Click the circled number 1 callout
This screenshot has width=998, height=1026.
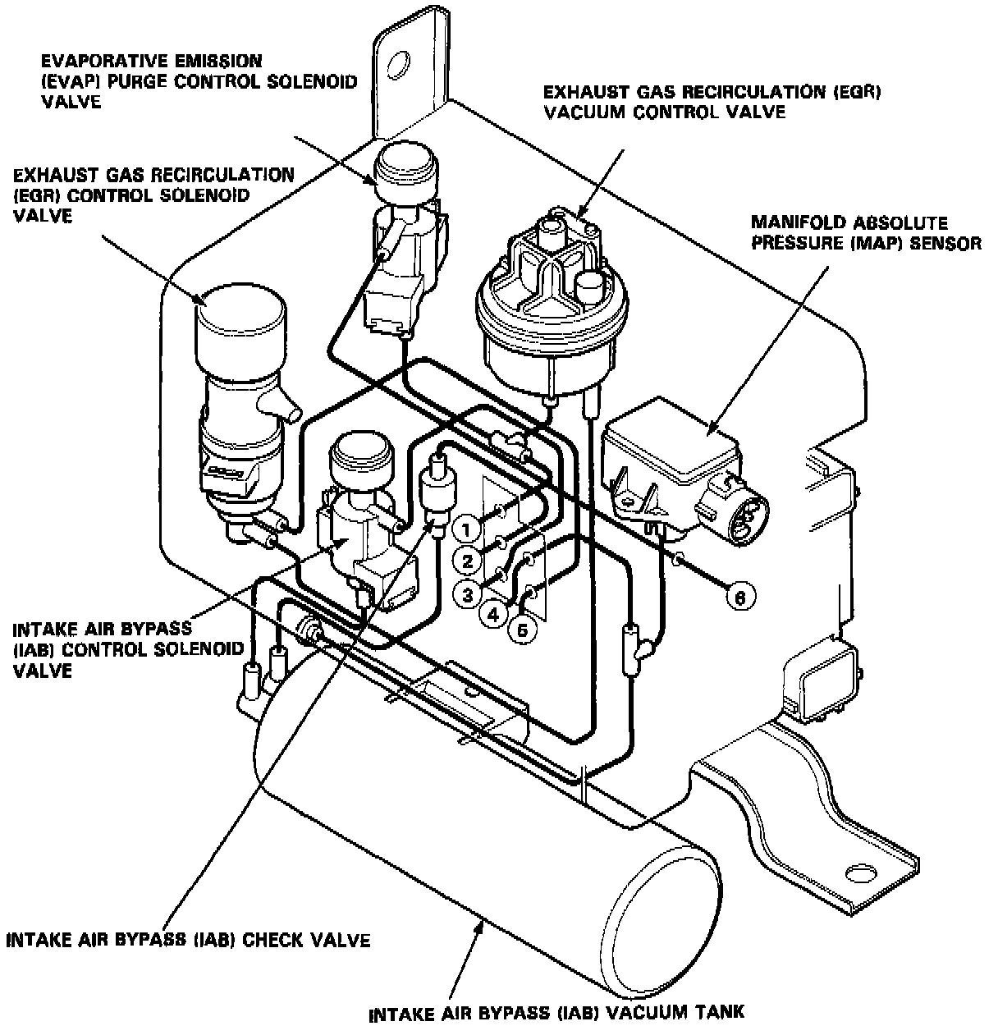coord(466,530)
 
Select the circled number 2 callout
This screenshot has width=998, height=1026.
coord(467,561)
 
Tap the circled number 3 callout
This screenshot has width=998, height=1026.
coord(467,593)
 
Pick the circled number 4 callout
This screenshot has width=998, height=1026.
coord(495,613)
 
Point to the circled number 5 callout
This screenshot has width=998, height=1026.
coord(523,630)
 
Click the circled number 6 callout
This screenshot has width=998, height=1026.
coord(739,598)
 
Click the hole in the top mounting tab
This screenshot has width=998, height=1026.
coord(400,63)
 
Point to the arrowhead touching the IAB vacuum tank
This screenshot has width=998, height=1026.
coord(481,925)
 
